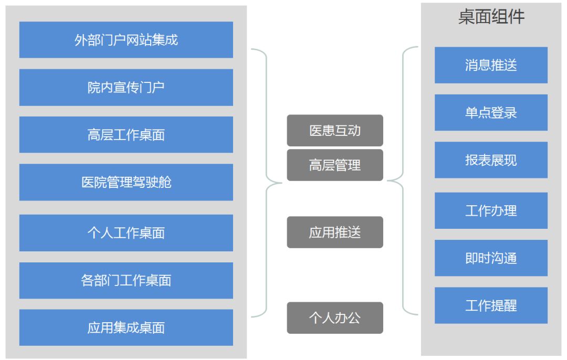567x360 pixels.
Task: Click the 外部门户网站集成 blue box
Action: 126,40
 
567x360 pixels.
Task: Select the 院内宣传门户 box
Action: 126,88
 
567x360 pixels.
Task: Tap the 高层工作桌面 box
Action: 126,135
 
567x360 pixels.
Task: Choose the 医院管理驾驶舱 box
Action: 126,182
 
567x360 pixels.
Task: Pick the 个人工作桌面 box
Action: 126,233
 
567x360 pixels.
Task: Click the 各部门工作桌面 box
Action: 126,280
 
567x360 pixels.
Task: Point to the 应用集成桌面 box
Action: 126,328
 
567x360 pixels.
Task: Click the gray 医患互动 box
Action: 335,131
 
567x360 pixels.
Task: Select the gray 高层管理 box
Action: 335,165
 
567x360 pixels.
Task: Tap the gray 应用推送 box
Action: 335,232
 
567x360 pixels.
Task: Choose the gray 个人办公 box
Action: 335,317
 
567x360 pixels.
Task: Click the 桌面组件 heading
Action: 491,17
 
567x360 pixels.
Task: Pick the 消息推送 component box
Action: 491,65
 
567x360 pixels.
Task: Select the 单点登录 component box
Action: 491,112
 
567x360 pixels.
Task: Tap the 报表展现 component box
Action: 491,160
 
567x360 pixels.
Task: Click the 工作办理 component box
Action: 491,211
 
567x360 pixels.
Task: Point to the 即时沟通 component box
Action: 491,258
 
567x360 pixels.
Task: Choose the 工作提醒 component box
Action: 491,305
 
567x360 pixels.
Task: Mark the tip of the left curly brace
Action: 282,183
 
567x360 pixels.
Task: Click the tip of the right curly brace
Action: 387,181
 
